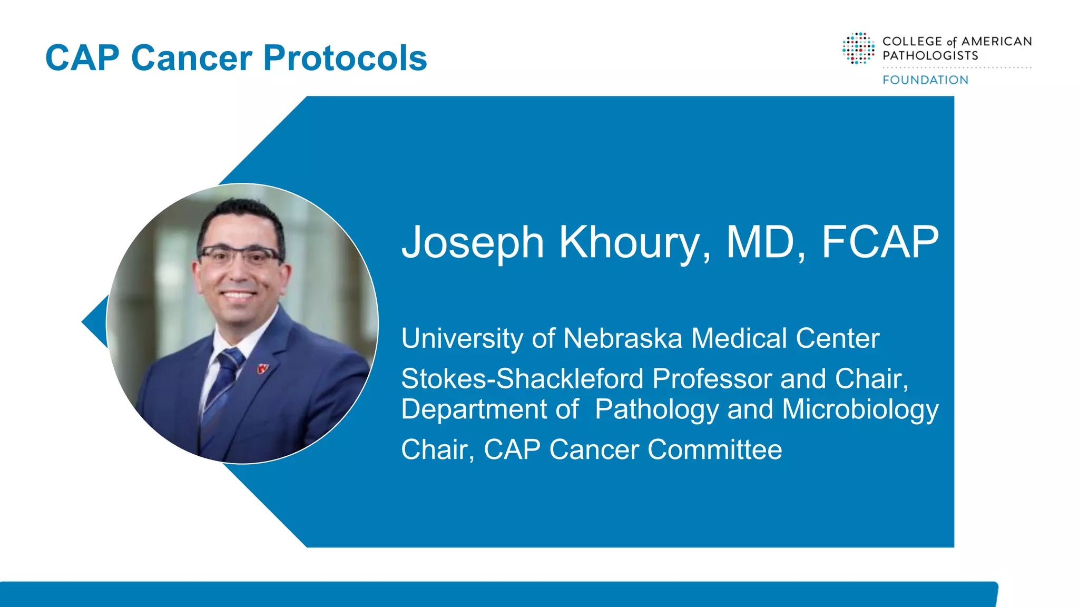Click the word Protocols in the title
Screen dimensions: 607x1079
pos(345,58)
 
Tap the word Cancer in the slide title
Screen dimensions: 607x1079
pos(192,58)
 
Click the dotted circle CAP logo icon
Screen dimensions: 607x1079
pos(858,48)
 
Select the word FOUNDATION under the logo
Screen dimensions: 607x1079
pos(925,80)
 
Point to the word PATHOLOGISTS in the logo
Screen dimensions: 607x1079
pos(930,56)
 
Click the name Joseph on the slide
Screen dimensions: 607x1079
pos(473,242)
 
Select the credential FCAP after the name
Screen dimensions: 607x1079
pos(880,242)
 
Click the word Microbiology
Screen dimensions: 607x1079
pos(860,409)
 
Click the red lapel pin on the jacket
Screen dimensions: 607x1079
pos(263,369)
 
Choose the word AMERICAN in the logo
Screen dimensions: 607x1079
pos(996,42)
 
